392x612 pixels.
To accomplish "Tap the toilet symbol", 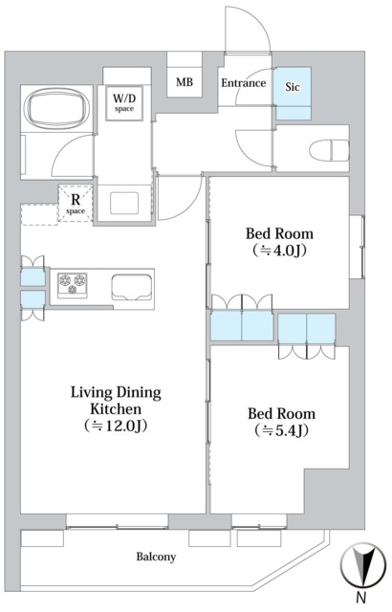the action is (329, 150).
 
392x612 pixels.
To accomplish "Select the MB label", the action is (185, 82).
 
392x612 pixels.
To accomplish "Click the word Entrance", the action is (244, 83).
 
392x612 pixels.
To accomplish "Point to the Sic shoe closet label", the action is (293, 86).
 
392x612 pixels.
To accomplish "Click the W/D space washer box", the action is (124, 103).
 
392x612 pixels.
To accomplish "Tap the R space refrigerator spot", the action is (76, 203).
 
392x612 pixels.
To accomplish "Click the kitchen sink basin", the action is (131, 287).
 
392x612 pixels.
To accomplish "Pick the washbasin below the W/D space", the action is (124, 203).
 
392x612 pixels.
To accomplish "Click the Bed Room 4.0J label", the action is (279, 242).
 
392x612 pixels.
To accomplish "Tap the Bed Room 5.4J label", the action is (282, 422).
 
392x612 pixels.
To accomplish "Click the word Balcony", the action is (156, 557).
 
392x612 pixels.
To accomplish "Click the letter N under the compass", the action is (361, 597).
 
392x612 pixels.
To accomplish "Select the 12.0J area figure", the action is (116, 426).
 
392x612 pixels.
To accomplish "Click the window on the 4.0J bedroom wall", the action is (357, 247).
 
